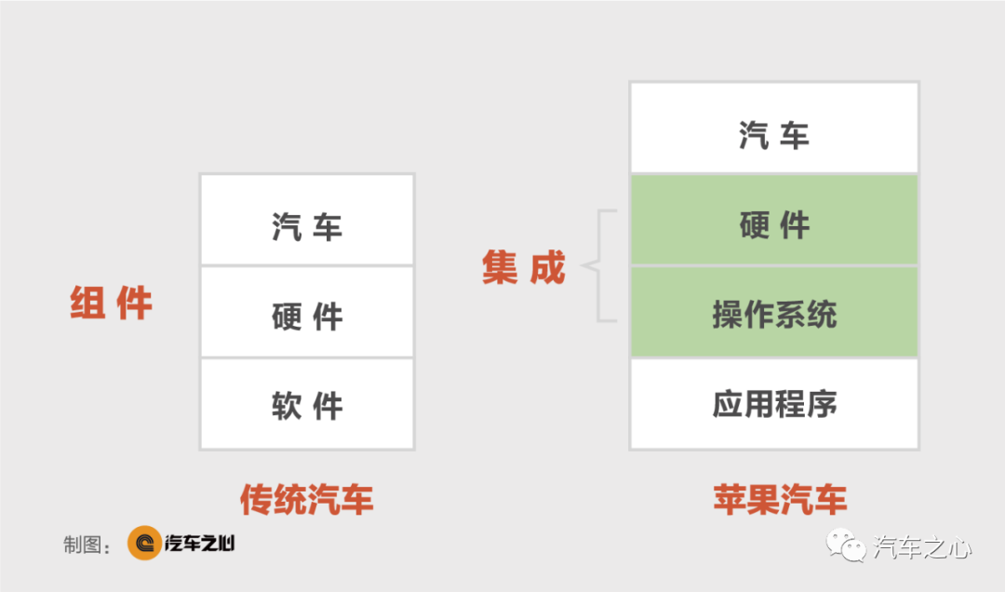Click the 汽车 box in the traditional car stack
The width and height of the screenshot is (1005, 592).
pyautogui.click(x=307, y=220)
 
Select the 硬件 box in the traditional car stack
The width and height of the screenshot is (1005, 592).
pyautogui.click(x=307, y=312)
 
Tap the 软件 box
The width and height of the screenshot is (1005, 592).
pyautogui.click(x=307, y=404)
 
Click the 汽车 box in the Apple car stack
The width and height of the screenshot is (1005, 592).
pyautogui.click(x=774, y=128)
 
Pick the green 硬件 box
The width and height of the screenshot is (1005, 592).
pyautogui.click(x=774, y=220)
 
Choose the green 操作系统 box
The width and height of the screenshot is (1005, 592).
pyautogui.click(x=774, y=312)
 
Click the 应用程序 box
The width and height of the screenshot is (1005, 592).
pyautogui.click(x=774, y=404)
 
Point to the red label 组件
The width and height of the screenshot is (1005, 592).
pyautogui.click(x=111, y=303)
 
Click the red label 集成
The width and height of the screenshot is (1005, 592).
pyautogui.click(x=524, y=267)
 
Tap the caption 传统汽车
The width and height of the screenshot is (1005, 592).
pyautogui.click(x=307, y=500)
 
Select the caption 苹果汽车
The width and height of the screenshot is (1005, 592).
pyautogui.click(x=780, y=500)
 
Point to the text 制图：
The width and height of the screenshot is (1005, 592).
pyautogui.click(x=87, y=545)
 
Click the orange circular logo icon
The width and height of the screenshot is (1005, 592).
pyautogui.click(x=144, y=544)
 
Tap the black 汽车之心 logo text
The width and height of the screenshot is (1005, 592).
pyautogui.click(x=200, y=544)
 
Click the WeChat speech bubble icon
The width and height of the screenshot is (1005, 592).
pyautogui.click(x=845, y=545)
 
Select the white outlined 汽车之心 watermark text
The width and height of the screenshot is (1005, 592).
pyautogui.click(x=922, y=547)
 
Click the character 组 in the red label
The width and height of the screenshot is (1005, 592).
pyautogui.click(x=87, y=303)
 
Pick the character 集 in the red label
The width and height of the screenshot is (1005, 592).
pyautogui.click(x=500, y=267)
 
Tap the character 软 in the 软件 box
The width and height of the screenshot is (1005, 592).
pyautogui.click(x=287, y=406)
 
